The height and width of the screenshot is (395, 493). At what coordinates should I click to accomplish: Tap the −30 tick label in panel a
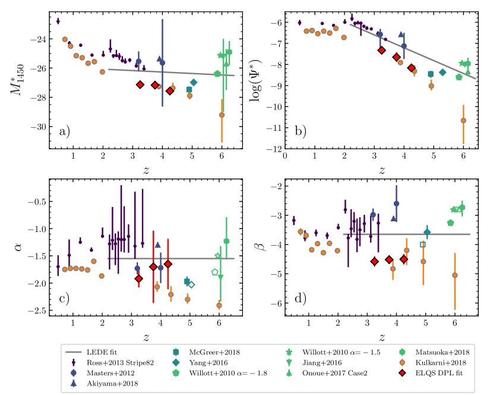[38, 127]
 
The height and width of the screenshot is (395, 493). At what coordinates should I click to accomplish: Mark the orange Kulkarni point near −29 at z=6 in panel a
[222, 115]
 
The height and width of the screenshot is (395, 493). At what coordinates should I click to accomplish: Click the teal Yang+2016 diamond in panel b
[443, 73]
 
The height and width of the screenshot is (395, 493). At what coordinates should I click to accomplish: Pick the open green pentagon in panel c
[214, 272]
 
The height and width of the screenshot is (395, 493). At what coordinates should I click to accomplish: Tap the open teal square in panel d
[423, 244]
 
